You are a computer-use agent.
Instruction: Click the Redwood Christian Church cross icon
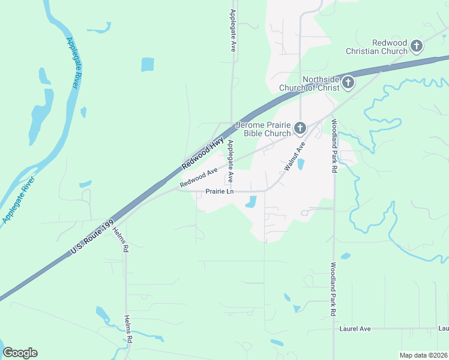coord(417,46)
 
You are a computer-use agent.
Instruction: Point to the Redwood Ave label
coord(198,176)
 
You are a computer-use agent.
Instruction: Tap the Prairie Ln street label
coord(219,191)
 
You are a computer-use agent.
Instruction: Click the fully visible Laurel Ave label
coord(355,328)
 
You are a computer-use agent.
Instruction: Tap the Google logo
coord(20,353)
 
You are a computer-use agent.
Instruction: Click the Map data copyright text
coord(423,355)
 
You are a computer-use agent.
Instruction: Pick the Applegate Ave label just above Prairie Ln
coord(230,162)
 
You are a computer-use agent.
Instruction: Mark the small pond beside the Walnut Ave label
coord(301,164)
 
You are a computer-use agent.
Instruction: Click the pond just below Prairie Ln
coord(251,203)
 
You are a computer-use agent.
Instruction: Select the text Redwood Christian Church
coord(376,47)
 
